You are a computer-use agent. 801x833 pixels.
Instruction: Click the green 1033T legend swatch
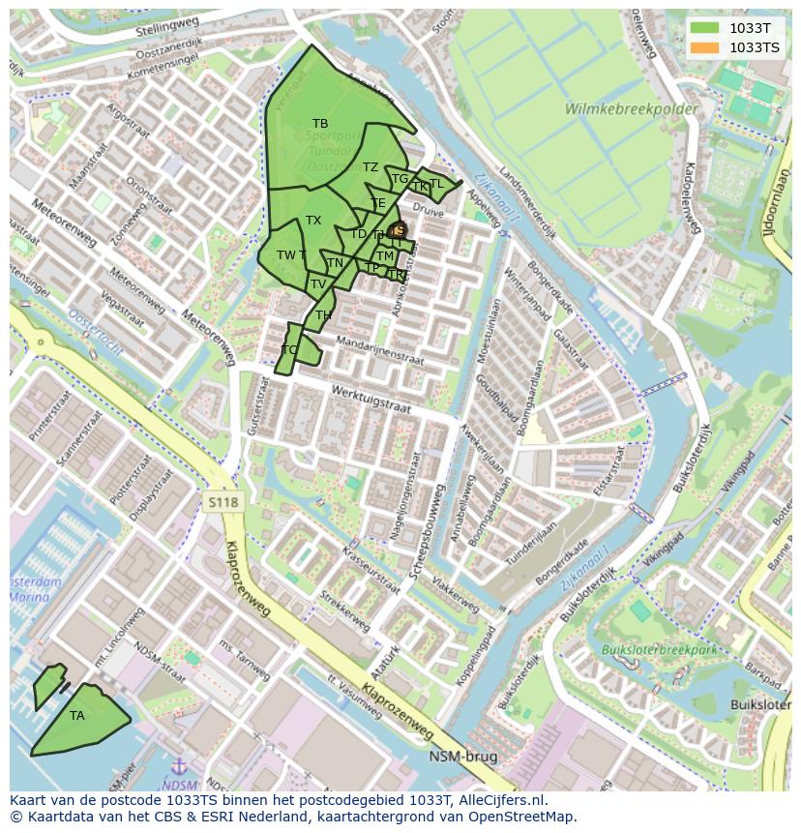tap(706, 28)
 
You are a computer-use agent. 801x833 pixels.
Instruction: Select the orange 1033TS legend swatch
tap(706, 47)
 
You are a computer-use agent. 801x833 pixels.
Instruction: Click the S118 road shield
tap(222, 501)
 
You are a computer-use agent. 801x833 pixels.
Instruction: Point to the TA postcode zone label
tap(77, 716)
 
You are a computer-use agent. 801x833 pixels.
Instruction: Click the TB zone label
tap(320, 124)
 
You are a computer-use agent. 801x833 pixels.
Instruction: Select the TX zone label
tap(313, 221)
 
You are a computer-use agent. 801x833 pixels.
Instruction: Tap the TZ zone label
tap(371, 167)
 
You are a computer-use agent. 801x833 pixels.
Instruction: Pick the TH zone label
tap(323, 315)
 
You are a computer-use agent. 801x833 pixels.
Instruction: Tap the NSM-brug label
tap(463, 757)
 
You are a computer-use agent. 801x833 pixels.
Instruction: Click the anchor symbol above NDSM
tap(177, 769)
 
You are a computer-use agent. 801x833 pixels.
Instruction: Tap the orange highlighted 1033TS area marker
tap(397, 229)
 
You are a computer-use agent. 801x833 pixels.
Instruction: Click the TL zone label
tap(436, 184)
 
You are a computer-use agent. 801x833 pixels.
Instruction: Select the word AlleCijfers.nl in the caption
tap(500, 800)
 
